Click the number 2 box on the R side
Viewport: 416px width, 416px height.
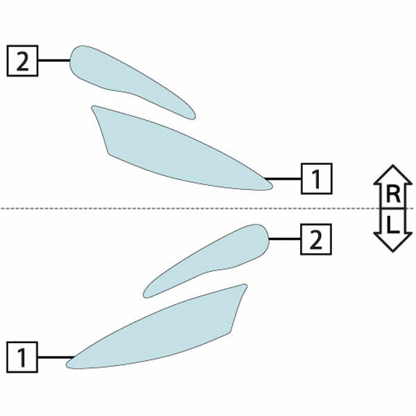23,61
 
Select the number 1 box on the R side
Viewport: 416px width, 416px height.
317,179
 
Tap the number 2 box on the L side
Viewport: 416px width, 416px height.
316,239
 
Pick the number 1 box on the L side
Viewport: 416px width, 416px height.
22,357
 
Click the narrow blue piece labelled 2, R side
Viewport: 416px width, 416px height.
128,80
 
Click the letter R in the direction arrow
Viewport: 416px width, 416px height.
393,194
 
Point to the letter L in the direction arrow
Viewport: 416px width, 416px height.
393,225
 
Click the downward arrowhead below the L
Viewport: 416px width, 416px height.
393,242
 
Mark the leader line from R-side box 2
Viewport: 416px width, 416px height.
54,60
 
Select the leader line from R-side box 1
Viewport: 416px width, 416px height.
283,179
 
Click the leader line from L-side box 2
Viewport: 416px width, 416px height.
285,239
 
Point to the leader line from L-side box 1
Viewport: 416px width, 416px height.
56,357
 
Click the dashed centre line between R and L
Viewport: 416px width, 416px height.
207,209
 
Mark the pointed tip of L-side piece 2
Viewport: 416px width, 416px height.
145,296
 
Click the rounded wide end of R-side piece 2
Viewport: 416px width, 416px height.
71,60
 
